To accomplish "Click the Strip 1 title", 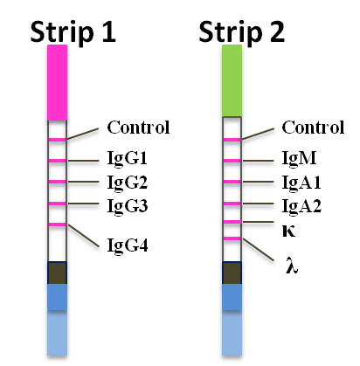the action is click(x=73, y=31).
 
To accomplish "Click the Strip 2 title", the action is click(x=242, y=31).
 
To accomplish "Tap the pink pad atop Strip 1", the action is click(x=58, y=82).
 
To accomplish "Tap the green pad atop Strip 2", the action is click(x=232, y=80).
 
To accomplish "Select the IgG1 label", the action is click(x=127, y=158).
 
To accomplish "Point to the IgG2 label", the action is click(x=128, y=183).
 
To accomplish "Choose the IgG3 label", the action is click(x=128, y=206).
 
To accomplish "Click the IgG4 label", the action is click(x=128, y=245).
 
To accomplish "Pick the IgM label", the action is click(x=299, y=158).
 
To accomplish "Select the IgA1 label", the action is click(x=301, y=183).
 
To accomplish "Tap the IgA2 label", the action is click(x=301, y=206).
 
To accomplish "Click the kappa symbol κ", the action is click(x=288, y=231).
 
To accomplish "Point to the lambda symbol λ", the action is click(x=292, y=266).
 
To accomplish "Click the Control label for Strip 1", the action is click(x=138, y=128).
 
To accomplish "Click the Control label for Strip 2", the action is click(x=313, y=128).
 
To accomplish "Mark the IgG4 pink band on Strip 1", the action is click(x=58, y=224).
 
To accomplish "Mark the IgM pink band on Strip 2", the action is click(x=232, y=161).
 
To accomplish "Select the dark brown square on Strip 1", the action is click(x=58, y=273).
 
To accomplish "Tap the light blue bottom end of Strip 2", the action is click(x=232, y=333).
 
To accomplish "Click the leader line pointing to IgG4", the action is click(x=84, y=236).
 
